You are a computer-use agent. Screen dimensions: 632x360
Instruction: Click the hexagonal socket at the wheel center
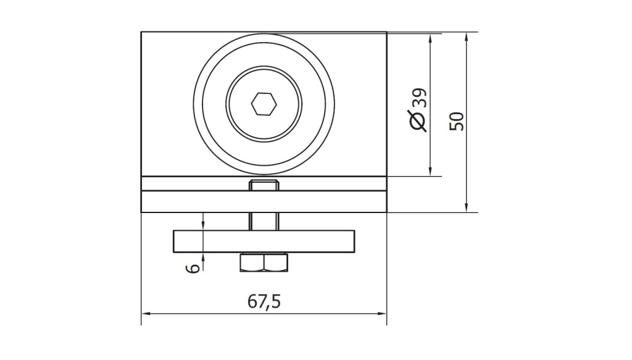pos(264,104)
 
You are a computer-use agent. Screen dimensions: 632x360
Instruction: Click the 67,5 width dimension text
pos(264,301)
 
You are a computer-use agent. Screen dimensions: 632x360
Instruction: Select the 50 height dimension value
pos(457,122)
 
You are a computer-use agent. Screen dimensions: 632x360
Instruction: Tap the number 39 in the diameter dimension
pos(420,98)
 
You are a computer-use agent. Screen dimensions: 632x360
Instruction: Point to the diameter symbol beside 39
pos(418,120)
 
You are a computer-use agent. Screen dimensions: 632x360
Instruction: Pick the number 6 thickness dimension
pos(194,268)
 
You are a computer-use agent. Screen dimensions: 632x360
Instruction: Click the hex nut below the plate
pos(264,262)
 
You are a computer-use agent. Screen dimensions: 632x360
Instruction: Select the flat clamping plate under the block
pos(264,241)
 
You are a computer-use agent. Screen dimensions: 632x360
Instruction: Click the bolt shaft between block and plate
pos(264,221)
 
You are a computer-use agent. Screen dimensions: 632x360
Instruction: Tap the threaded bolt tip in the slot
pos(264,185)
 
